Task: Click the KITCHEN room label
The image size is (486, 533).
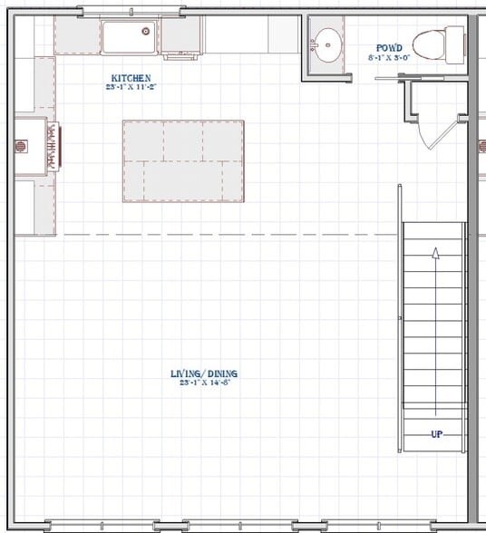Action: [x=131, y=79]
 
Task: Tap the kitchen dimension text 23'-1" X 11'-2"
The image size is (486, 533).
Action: [x=131, y=87]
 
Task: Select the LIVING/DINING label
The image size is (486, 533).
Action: [x=204, y=373]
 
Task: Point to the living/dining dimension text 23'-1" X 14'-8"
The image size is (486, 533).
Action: [x=204, y=383]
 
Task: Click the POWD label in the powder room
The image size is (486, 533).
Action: [x=390, y=48]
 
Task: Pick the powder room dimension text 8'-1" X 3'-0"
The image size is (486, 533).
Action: [x=390, y=57]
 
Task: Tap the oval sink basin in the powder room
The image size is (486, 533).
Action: [x=326, y=43]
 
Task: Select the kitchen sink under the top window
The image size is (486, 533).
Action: [x=128, y=37]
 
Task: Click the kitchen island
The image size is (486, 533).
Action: [x=184, y=160]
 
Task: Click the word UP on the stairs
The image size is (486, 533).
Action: [x=436, y=434]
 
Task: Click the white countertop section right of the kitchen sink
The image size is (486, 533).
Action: [x=237, y=35]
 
